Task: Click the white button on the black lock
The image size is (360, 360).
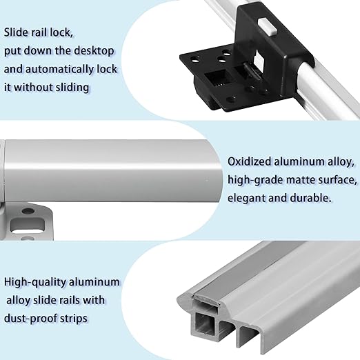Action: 268,27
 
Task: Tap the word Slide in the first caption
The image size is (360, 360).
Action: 16,32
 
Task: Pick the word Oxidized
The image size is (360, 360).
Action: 250,161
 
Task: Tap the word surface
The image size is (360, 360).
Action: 337,180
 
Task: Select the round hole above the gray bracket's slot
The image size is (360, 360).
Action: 28,210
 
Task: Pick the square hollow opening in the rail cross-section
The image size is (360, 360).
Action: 203,323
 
